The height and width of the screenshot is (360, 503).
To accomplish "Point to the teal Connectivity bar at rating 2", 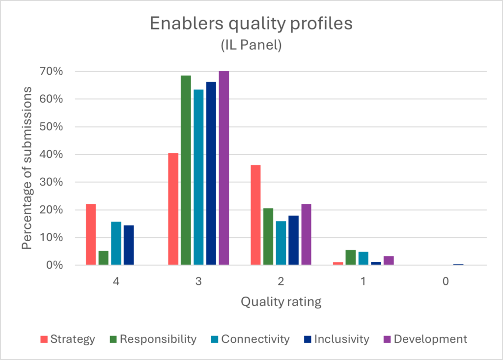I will click(x=281, y=243).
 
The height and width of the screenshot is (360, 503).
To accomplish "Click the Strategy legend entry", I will click(x=67, y=339).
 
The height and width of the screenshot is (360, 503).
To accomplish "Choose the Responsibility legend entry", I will click(x=152, y=339).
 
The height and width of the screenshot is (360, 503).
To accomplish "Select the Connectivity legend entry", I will click(x=250, y=339).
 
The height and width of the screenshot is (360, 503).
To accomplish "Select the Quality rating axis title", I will click(x=281, y=302).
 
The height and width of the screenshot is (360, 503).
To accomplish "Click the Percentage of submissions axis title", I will click(x=28, y=168).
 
